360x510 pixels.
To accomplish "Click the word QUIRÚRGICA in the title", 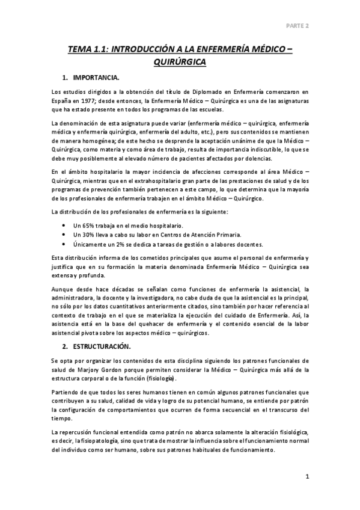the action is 180,62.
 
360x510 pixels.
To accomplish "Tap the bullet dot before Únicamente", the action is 64,244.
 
